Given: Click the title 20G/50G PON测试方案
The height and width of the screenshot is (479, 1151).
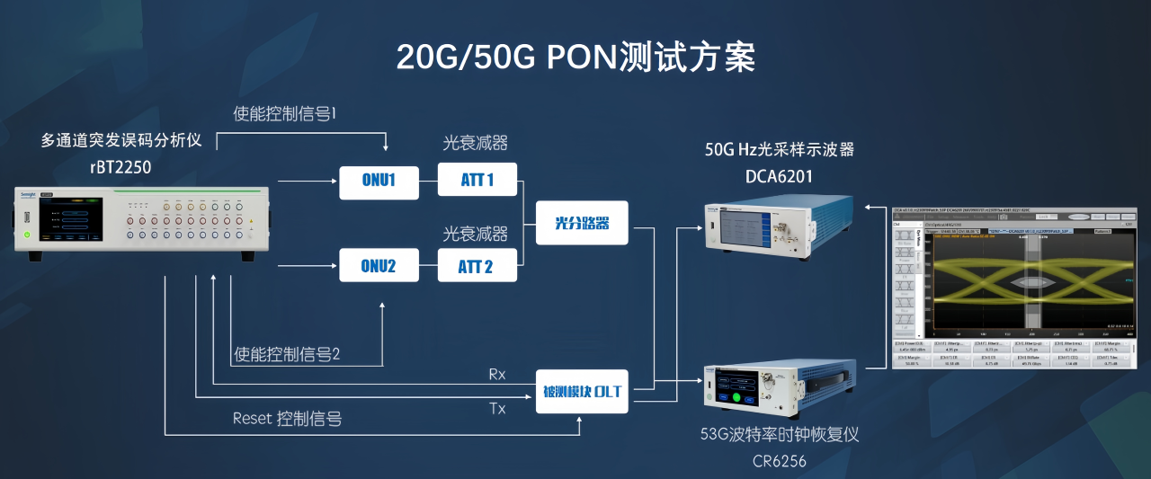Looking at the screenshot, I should (575, 57).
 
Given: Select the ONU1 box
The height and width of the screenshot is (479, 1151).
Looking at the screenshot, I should (379, 181).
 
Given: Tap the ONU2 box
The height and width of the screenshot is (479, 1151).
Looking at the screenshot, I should (379, 266).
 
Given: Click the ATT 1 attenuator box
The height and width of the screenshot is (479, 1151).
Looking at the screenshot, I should (477, 181).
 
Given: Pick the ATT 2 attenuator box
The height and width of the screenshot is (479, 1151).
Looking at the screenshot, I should (477, 266).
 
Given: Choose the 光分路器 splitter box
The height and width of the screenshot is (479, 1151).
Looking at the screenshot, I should (582, 223).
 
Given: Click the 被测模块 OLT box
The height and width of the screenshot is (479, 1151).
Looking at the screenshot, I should (582, 391).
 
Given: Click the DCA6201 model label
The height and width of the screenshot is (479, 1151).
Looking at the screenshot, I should (779, 176).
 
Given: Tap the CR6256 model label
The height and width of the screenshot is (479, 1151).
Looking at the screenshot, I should (779, 462).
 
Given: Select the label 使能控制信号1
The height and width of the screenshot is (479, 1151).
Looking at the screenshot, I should (284, 114).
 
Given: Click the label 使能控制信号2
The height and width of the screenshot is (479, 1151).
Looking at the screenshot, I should (287, 354).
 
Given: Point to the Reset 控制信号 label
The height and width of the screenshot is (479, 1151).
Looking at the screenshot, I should (287, 418).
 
